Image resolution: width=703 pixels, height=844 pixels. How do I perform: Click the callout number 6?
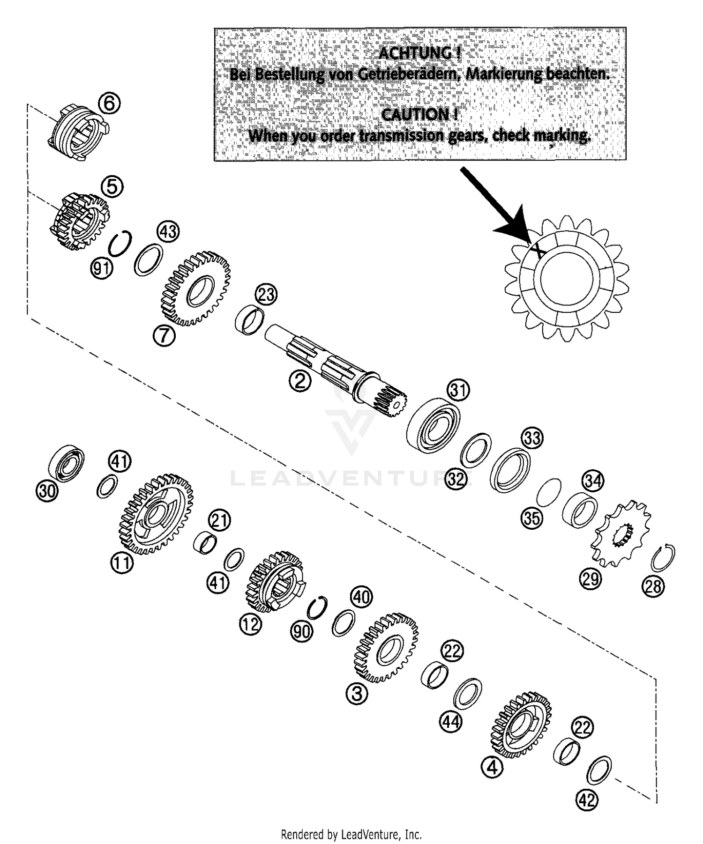coord(109,103)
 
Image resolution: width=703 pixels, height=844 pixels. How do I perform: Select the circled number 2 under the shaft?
coord(299,381)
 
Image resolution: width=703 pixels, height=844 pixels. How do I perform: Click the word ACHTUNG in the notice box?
coord(419,53)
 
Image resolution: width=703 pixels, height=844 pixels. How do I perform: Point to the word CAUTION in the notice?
coord(419,114)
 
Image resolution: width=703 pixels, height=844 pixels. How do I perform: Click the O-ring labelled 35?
coord(548,492)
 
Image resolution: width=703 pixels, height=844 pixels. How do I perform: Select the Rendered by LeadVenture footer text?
coord(351,834)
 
